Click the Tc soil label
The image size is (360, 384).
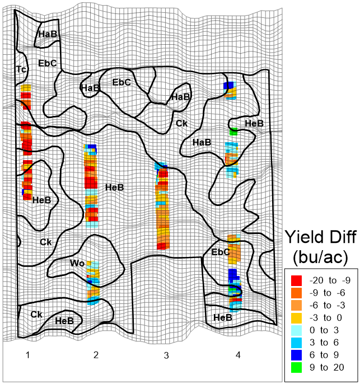pyautogui.click(x=21, y=69)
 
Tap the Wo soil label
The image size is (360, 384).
pyautogui.click(x=77, y=263)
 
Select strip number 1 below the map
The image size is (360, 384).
pyautogui.click(x=27, y=355)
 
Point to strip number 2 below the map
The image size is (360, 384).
pyautogui.click(x=96, y=355)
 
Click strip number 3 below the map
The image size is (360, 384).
pyautogui.click(x=166, y=355)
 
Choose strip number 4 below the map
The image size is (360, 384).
pyautogui.click(x=238, y=355)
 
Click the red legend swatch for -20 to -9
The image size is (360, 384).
pyautogui.click(x=297, y=279)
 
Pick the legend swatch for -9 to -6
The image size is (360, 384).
pyautogui.click(x=297, y=292)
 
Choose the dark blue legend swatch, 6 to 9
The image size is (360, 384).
pyautogui.click(x=297, y=354)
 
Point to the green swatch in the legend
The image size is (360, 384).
pyautogui.click(x=297, y=367)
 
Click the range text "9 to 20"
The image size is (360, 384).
pyautogui.click(x=327, y=367)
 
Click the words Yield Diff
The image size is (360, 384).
pyautogui.click(x=321, y=238)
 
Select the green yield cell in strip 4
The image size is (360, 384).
pyautogui.click(x=233, y=132)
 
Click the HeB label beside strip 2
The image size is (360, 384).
pyautogui.click(x=114, y=187)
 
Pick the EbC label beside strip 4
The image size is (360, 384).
pyautogui.click(x=221, y=252)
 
